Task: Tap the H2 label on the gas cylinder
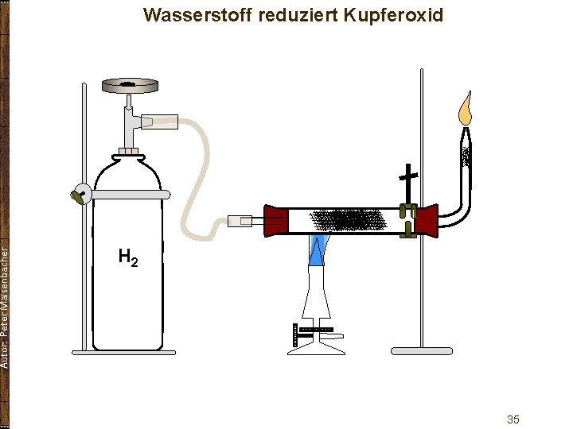click(x=128, y=257)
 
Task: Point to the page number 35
click(x=513, y=419)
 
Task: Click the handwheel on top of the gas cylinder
click(x=130, y=83)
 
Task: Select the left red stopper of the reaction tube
click(x=275, y=221)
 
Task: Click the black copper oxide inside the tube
click(x=350, y=219)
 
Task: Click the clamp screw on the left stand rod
click(x=80, y=195)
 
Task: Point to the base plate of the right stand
click(x=422, y=350)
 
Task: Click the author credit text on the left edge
click(x=6, y=306)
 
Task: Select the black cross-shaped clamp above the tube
click(x=409, y=179)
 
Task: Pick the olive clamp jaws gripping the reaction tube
click(x=408, y=221)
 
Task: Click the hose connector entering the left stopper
click(x=240, y=219)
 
